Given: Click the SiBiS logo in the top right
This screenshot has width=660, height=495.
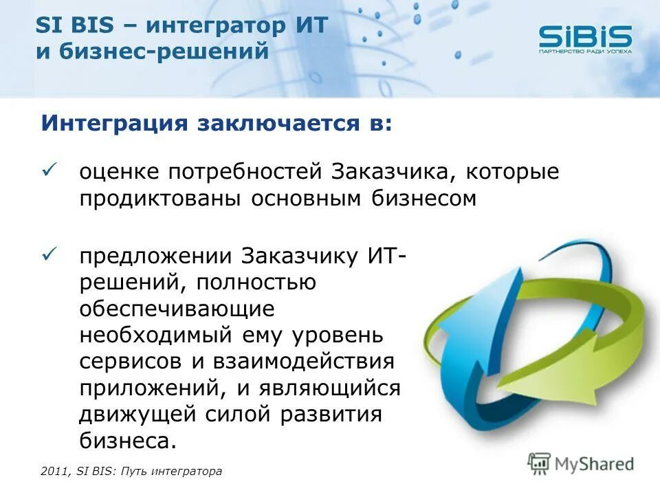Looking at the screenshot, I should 584,38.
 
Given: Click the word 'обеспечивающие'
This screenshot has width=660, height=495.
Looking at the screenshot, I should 177,310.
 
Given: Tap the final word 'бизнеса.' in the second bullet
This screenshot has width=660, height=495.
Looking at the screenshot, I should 128,441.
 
